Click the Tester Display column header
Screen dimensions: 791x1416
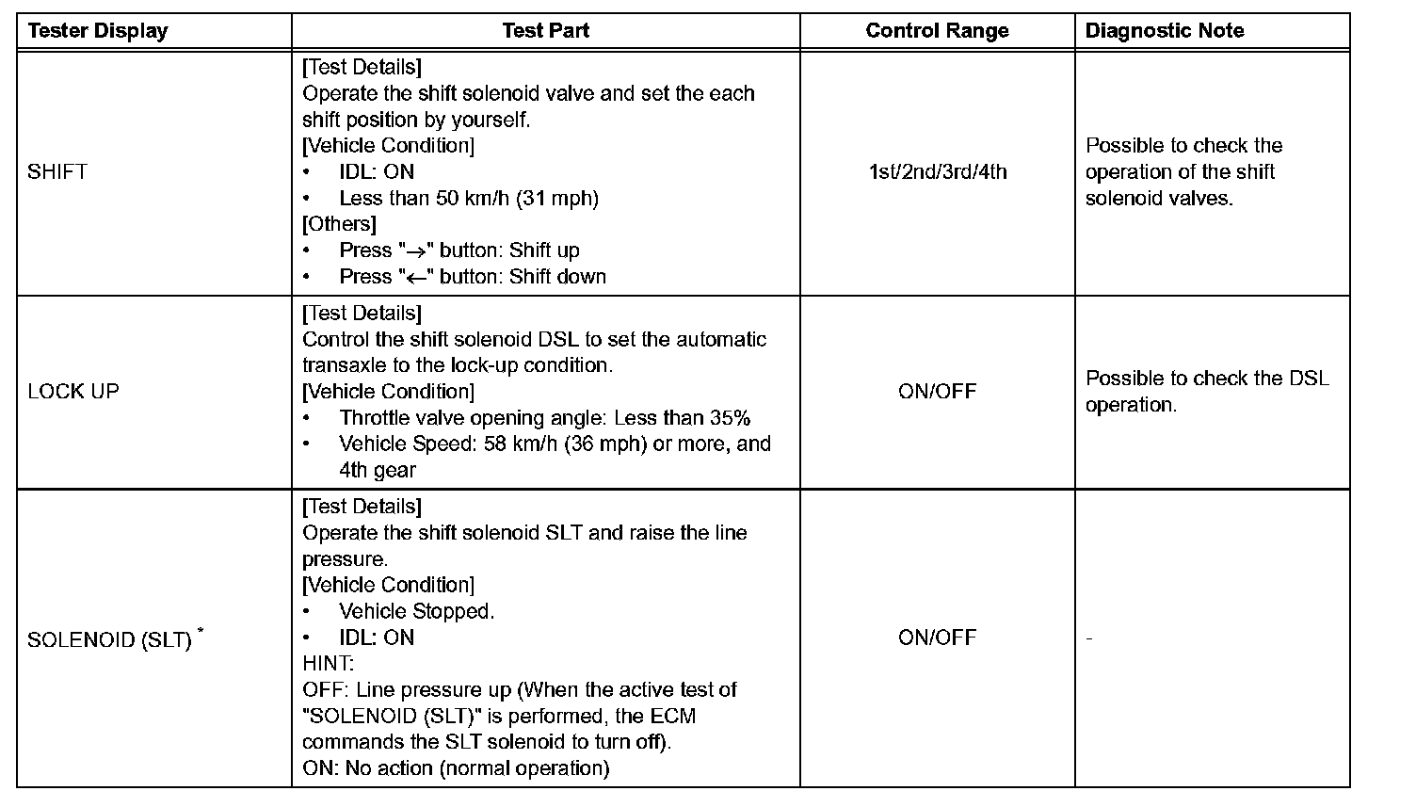98,31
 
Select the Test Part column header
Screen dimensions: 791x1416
546,31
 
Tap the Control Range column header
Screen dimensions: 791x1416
937,31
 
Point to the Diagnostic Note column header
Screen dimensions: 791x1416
1165,31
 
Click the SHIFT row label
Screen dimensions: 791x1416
57,172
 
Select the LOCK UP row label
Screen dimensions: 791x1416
73,392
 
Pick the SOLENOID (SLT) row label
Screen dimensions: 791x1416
109,640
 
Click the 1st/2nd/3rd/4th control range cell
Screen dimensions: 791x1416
937,172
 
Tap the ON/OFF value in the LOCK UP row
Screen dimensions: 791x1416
937,392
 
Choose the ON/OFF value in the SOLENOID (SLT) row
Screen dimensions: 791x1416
937,638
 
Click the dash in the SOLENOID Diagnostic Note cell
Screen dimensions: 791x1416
1089,639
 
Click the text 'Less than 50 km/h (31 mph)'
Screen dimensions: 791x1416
469,199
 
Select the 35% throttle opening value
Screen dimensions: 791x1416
731,418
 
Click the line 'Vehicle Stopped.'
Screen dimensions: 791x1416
416,612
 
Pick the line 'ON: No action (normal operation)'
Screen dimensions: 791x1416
456,768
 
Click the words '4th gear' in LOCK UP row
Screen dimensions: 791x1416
378,470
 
